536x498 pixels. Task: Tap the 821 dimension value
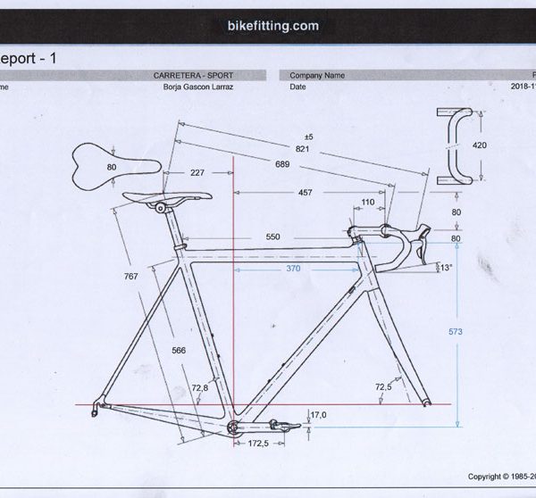pyautogui.click(x=302, y=149)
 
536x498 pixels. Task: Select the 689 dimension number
pyautogui.click(x=282, y=165)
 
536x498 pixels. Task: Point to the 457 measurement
pyautogui.click(x=306, y=193)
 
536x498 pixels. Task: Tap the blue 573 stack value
pyautogui.click(x=456, y=331)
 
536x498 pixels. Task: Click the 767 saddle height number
pyautogui.click(x=131, y=277)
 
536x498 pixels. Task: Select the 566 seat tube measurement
pyautogui.click(x=178, y=351)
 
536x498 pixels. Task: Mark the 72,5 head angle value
pyautogui.click(x=383, y=386)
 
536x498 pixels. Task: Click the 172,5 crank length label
pyautogui.click(x=258, y=444)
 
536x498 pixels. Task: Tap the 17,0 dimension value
pyautogui.click(x=318, y=415)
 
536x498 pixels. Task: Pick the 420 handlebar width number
pyautogui.click(x=481, y=144)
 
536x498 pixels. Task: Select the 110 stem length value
pyautogui.click(x=367, y=203)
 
